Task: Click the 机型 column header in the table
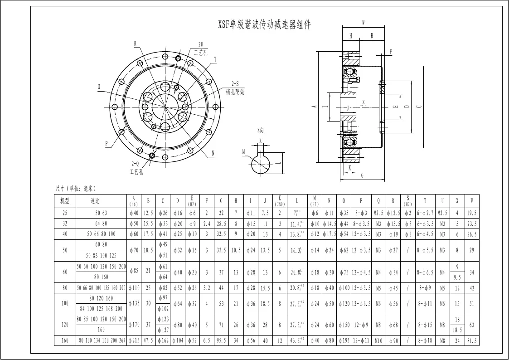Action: (64, 201)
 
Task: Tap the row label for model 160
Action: (64, 341)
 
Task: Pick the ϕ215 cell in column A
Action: (134, 341)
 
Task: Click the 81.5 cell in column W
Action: (471, 341)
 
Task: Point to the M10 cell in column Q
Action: (378, 341)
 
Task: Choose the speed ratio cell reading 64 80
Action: (102, 224)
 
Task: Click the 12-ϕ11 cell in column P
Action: (361, 341)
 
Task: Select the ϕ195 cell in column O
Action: (344, 341)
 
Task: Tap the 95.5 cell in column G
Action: (221, 341)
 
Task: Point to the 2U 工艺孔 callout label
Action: (200, 48)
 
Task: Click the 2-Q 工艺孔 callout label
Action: (136, 168)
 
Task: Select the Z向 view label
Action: (260, 131)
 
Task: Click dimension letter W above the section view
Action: (364, 22)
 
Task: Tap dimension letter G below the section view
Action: (362, 175)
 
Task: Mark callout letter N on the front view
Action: (213, 153)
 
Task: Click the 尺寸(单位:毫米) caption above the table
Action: (76, 188)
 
